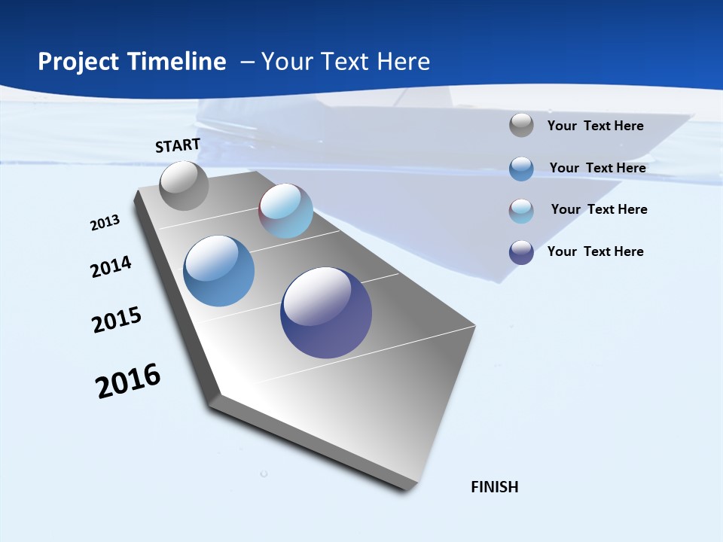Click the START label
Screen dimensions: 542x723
pos(178,145)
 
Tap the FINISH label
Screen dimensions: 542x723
pos(495,487)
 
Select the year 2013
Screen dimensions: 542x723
pos(105,223)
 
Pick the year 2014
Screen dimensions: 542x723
pos(111,266)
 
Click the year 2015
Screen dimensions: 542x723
pos(117,320)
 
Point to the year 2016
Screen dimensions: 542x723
pos(128,381)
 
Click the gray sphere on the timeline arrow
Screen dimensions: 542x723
pos(184,186)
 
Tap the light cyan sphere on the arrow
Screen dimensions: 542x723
pos(286,211)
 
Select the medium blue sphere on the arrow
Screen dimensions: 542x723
pos(219,271)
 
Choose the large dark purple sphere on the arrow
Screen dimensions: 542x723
pos(326,312)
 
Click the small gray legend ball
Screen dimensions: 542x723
pos(521,125)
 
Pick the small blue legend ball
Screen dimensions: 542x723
pos(521,169)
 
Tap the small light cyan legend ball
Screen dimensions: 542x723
pos(521,211)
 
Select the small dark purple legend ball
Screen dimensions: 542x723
pos(521,252)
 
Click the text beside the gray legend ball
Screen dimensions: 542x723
pos(596,126)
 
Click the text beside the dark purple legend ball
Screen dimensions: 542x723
pos(596,251)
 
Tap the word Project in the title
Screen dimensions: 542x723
pos(75,62)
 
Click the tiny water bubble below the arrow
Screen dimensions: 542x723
pos(264,473)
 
